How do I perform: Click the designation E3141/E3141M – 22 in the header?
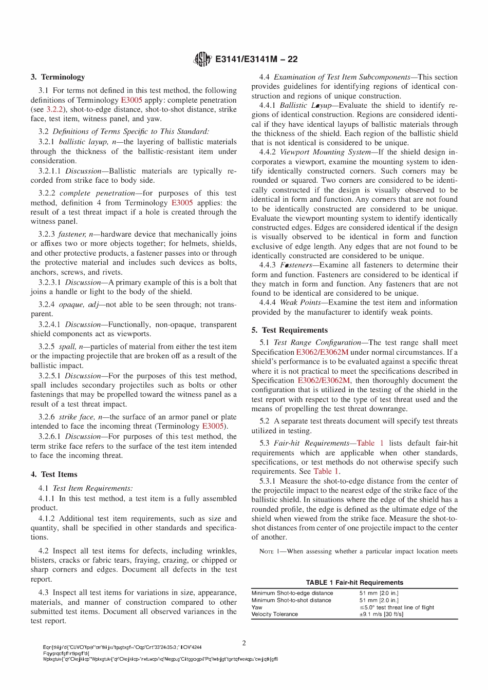256,59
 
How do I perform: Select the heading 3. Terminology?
58,77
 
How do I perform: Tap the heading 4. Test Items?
54,474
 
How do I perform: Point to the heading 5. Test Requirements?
290,330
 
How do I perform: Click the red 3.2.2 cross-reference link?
54,109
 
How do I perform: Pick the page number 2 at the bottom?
244,643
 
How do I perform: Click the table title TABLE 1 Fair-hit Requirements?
354,582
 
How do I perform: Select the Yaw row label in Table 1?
257,607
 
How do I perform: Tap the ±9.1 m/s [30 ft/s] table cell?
381,614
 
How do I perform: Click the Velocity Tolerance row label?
274,614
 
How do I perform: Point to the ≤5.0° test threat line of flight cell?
397,607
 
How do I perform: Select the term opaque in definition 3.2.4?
71,304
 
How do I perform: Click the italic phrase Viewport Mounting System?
325,152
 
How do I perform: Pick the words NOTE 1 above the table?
271,551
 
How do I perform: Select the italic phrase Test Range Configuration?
317,342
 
